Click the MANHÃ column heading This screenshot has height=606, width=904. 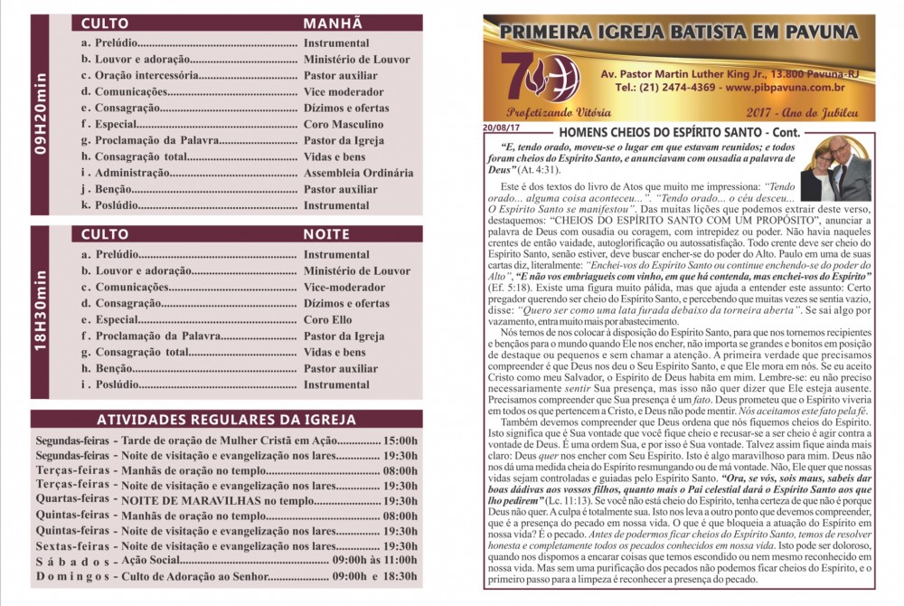pos(333,24)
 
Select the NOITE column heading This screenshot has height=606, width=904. pos(326,234)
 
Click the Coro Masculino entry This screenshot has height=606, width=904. pos(344,125)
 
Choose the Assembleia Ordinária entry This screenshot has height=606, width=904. pos(359,174)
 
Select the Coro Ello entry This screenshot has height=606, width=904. pos(328,320)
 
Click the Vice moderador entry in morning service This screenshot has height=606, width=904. pos(344,92)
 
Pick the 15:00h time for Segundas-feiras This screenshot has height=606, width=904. pos(400,440)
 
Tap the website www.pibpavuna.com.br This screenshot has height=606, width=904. pos(785,88)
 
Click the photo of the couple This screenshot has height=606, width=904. pos(836,169)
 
